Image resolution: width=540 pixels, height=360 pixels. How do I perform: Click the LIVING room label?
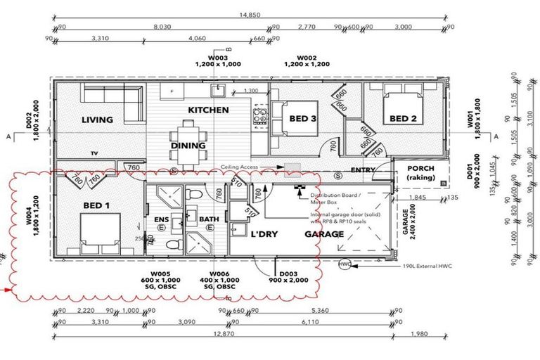coord(97,120)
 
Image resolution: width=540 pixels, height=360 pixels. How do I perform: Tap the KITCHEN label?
coord(207,110)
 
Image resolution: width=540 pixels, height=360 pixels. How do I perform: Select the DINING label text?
coord(188,146)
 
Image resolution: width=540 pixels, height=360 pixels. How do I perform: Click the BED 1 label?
coord(96,205)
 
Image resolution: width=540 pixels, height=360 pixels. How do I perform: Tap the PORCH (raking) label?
coord(420,174)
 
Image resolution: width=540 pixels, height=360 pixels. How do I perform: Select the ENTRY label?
coord(364,170)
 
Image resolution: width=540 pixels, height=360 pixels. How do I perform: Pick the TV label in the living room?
coord(94,153)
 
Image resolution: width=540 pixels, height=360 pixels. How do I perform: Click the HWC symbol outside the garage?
coord(345,264)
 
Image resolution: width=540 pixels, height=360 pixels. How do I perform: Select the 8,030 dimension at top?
coord(161,28)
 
